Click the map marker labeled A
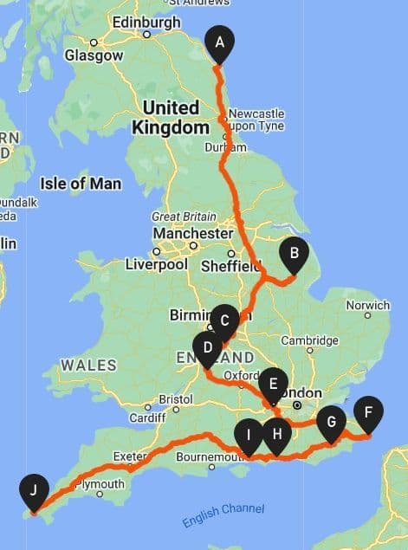click(x=219, y=42)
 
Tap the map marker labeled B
click(x=295, y=253)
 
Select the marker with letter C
click(x=224, y=321)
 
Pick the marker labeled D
click(x=208, y=349)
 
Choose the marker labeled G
click(x=330, y=423)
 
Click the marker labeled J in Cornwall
click(x=33, y=491)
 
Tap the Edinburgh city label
click(x=146, y=23)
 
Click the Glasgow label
click(x=94, y=55)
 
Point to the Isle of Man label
click(x=81, y=184)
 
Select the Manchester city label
click(x=192, y=234)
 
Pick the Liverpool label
click(x=156, y=264)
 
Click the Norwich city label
click(x=368, y=305)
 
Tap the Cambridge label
click(x=308, y=340)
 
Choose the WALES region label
click(x=88, y=365)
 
